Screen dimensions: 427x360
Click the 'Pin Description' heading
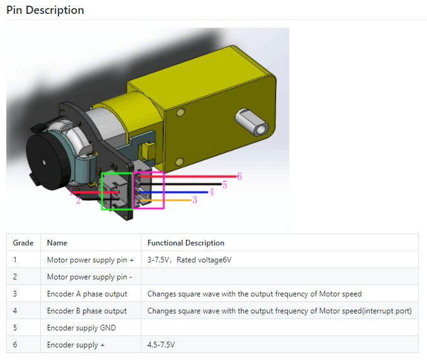(45, 10)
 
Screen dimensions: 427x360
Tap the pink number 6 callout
(240, 177)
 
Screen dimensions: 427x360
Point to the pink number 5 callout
(225, 185)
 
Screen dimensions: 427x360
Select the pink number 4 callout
(211, 192)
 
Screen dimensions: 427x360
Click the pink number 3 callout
(195, 200)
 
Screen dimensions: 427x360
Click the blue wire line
(174, 193)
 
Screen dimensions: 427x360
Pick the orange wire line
(165, 200)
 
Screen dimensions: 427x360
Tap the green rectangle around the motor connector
(102, 191)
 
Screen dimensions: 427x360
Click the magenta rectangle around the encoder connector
(164, 190)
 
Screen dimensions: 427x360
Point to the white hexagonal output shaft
(252, 122)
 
